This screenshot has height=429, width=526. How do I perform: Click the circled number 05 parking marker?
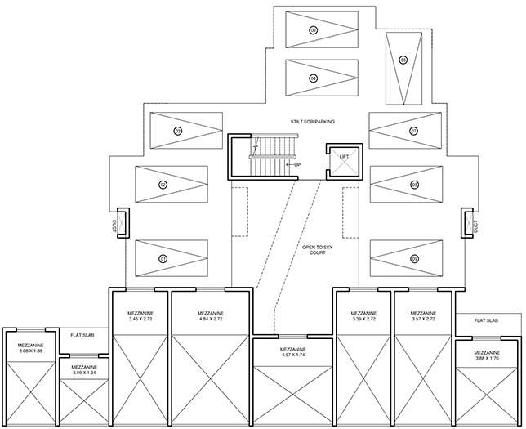[313, 29]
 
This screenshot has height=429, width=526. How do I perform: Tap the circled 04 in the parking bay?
[313, 78]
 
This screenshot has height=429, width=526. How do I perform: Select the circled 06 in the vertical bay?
[403, 60]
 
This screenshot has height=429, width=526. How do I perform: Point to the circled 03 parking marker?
[177, 131]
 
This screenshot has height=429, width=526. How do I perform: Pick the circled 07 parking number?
[414, 131]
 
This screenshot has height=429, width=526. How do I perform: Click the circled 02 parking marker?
[163, 185]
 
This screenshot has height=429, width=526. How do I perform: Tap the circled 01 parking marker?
[163, 258]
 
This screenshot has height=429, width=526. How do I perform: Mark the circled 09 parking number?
[415, 258]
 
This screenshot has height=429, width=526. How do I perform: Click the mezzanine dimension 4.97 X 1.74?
[292, 355]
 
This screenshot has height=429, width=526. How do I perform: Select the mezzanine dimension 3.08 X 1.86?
[30, 349]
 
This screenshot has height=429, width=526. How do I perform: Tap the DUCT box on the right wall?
[470, 222]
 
